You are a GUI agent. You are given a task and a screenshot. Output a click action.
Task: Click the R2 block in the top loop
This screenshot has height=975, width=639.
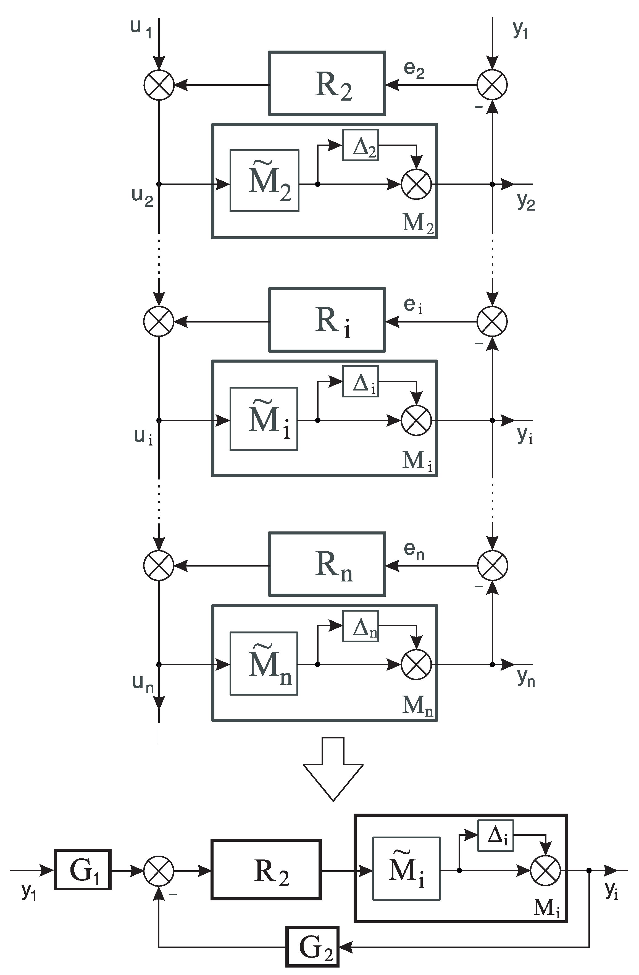tap(327, 83)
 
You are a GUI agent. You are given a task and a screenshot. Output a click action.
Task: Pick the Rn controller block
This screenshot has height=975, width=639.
tap(327, 564)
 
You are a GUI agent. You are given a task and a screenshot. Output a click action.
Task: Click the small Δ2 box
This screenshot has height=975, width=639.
tap(361, 145)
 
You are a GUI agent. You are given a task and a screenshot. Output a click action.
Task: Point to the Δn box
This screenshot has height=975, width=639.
tap(361, 626)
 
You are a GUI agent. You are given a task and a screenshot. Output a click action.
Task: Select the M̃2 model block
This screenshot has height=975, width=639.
tap(264, 181)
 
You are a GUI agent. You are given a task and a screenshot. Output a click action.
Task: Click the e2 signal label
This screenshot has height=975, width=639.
tap(414, 69)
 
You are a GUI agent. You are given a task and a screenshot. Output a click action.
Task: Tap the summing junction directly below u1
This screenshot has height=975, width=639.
tap(159, 85)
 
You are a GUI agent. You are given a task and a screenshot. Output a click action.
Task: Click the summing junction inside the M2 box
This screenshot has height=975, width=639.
tap(416, 184)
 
